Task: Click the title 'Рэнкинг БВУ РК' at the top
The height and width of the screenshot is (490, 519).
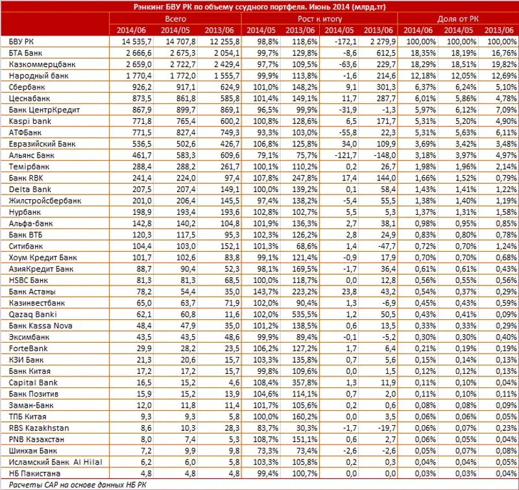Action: (x=259, y=7)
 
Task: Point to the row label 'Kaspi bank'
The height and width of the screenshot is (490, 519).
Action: (x=29, y=121)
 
